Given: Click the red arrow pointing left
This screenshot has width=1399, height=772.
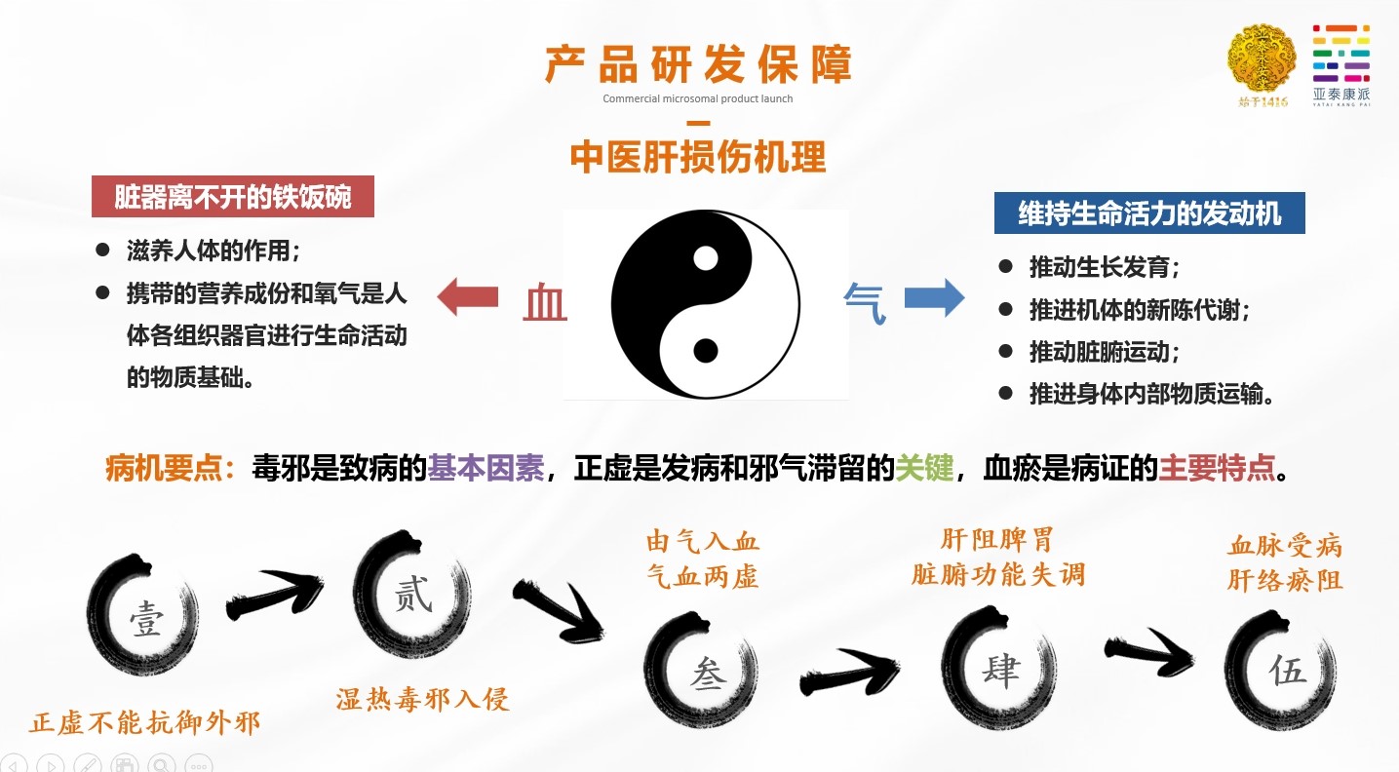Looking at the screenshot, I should [x=467, y=297].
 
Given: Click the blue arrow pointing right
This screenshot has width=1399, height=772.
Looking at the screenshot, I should [x=934, y=297].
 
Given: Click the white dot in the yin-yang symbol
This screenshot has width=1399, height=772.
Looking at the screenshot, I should [x=705, y=258].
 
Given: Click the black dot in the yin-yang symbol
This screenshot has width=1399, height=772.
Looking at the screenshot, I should [x=705, y=350].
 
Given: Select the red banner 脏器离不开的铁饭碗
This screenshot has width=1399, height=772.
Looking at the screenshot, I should [x=233, y=197].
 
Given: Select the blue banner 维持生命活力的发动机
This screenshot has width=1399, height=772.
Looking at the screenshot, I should [x=1149, y=212].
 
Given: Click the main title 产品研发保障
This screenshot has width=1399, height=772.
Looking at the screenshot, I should [x=698, y=64].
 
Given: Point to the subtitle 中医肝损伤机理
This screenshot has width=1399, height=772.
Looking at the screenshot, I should [x=698, y=156].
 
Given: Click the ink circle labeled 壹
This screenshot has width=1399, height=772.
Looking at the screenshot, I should [x=144, y=616].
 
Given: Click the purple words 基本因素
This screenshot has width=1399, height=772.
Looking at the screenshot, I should [x=486, y=470].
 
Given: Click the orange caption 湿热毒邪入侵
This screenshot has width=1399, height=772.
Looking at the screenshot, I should [x=423, y=699].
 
